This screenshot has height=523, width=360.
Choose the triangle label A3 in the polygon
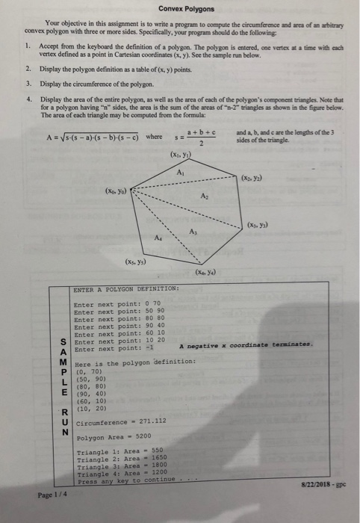point(192,229)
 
